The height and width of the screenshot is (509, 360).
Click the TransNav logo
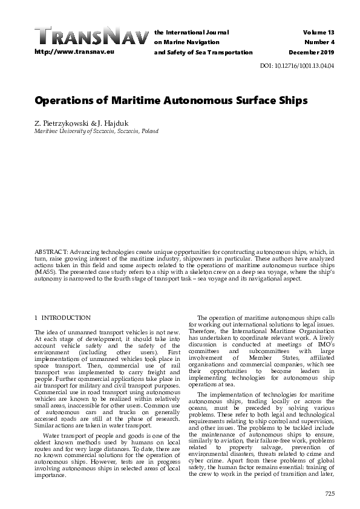click(x=91, y=36)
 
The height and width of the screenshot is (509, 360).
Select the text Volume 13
click(x=320, y=31)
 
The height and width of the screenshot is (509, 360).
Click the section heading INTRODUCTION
click(x=66, y=318)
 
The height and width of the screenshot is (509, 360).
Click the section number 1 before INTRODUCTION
click(x=36, y=318)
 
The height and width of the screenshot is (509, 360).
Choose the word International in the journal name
click(x=186, y=31)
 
